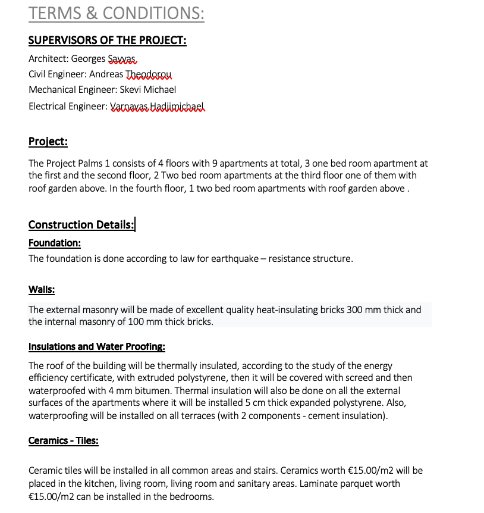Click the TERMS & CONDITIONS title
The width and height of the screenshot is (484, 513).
116,13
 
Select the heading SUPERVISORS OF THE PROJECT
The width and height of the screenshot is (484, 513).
107,40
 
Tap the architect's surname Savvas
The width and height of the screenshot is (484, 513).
122,59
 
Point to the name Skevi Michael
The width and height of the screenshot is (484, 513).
147,90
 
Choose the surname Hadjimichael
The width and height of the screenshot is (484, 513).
177,107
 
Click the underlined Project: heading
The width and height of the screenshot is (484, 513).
48,142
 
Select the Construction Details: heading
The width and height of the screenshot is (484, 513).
81,224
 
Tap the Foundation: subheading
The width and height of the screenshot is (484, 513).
55,243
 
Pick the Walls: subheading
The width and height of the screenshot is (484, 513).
42,289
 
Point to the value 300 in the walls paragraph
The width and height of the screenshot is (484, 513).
354,310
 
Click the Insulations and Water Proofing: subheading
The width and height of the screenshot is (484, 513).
97,346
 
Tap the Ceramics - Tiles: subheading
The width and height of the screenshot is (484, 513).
64,440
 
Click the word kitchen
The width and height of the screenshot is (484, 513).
92,484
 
